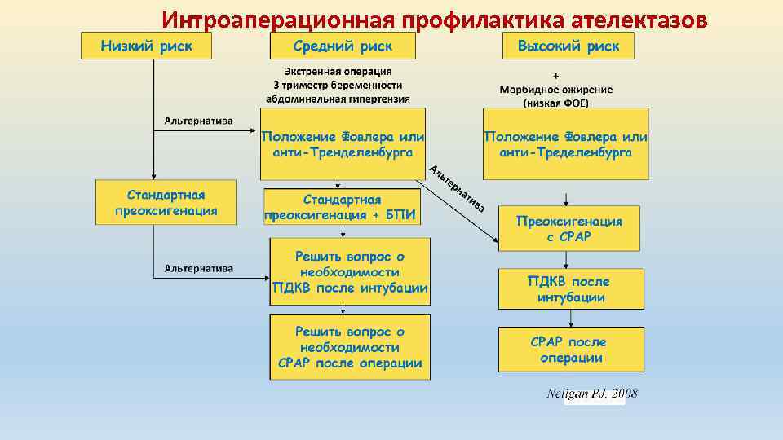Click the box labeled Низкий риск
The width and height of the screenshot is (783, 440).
click(x=146, y=46)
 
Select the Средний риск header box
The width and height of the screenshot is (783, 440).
click(x=343, y=46)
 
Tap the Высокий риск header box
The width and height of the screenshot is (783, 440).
click(x=568, y=46)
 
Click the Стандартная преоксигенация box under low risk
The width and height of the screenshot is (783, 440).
click(x=166, y=203)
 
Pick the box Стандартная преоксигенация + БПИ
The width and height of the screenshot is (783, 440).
click(x=343, y=208)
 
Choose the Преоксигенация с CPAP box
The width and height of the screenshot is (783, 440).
click(x=568, y=229)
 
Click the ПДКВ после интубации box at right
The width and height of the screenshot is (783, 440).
click(x=568, y=289)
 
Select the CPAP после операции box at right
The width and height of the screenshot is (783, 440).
click(x=568, y=350)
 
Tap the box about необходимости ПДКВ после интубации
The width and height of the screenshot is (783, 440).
click(x=350, y=271)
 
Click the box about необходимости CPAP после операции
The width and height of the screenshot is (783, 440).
click(x=350, y=347)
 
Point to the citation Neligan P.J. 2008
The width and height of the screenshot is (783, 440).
click(x=591, y=394)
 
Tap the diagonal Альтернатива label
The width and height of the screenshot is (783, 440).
click(x=458, y=189)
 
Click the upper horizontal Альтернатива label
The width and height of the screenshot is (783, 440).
click(x=198, y=121)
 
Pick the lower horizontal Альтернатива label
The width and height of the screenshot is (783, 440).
click(x=198, y=268)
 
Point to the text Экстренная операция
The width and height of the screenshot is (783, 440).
click(x=338, y=72)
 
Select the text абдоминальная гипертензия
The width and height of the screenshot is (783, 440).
click(x=338, y=98)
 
